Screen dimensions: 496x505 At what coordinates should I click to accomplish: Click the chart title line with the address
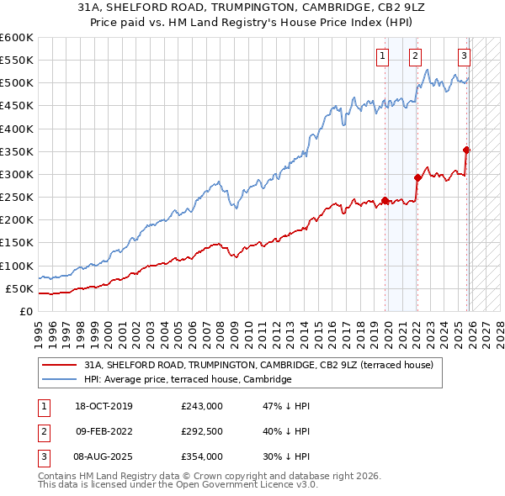coord(252,8)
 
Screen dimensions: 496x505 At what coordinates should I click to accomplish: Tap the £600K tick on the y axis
coord(17,38)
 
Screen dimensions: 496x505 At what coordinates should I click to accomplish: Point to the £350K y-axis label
coord(17,152)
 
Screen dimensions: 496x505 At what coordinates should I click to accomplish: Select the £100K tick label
coord(17,266)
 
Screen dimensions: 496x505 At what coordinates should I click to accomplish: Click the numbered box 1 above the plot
coord(382,56)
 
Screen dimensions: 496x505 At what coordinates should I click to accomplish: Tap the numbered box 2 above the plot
coord(415,56)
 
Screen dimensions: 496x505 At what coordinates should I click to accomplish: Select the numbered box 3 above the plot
coord(464,56)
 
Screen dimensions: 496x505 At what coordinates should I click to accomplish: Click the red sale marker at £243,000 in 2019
coord(385,200)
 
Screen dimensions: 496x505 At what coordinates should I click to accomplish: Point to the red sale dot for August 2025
coord(467,150)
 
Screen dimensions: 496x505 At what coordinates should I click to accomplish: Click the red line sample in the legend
coord(59,365)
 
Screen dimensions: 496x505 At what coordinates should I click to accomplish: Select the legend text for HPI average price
coord(188,379)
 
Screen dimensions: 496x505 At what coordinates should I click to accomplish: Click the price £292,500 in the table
coord(202,431)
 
